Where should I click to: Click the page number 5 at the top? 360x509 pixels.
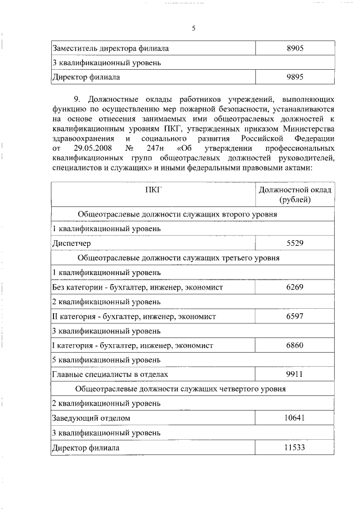[x=193, y=28]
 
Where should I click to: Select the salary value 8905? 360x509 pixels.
[x=295, y=48]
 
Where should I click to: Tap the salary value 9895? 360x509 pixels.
[x=295, y=76]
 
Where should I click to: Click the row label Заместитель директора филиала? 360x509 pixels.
[x=110, y=48]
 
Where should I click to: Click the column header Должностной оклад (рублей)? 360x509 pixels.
[x=295, y=195]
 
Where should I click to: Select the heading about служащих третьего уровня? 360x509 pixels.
[x=178, y=258]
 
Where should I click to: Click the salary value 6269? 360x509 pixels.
[x=295, y=287]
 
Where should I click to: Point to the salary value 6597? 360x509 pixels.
[x=295, y=316]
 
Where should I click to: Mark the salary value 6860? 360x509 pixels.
[x=295, y=345]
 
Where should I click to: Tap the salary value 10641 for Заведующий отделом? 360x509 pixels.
[x=295, y=418]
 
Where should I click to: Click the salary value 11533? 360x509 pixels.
[x=295, y=447]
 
